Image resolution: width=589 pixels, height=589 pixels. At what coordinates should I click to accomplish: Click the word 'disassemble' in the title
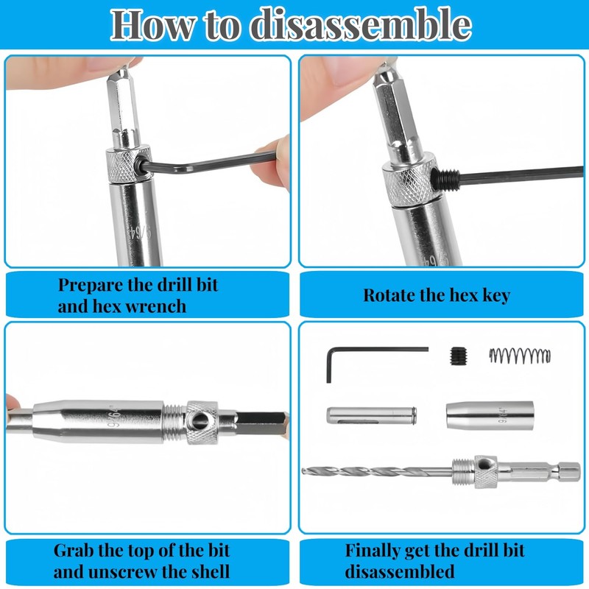click(x=360, y=25)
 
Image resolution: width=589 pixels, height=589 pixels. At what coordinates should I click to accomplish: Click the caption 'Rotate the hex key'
click(x=437, y=295)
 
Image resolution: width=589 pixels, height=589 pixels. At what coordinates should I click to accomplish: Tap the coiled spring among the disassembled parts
click(x=520, y=356)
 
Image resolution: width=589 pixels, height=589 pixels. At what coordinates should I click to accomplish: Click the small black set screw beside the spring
click(x=457, y=356)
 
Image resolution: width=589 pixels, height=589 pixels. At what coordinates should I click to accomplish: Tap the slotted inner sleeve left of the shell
click(x=372, y=415)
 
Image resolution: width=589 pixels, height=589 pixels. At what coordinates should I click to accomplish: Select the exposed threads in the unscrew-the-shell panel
click(x=174, y=423)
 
